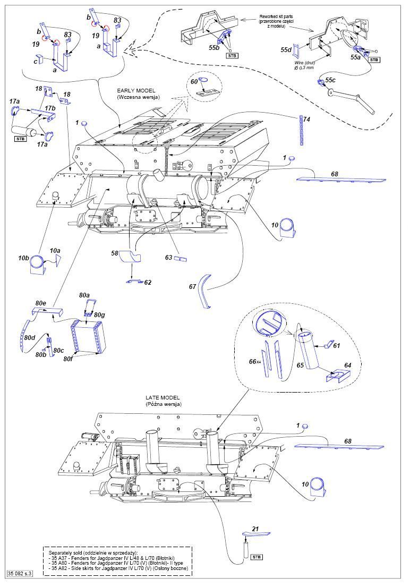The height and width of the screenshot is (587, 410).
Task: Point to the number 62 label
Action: tap(148, 283)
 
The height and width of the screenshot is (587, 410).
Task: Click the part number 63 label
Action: tap(169, 258)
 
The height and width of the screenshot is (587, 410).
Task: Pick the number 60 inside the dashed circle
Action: tap(194, 81)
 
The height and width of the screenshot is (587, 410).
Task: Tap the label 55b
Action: tap(215, 47)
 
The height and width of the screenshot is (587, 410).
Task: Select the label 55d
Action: tap(287, 50)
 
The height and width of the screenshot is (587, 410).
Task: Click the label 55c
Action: tap(330, 80)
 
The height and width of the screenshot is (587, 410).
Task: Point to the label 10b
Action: tap(23, 258)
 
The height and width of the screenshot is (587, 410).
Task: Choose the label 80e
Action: tap(41, 303)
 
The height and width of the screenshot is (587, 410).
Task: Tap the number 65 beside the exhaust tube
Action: tap(300, 366)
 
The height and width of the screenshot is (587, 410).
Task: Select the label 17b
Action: tap(50, 108)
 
